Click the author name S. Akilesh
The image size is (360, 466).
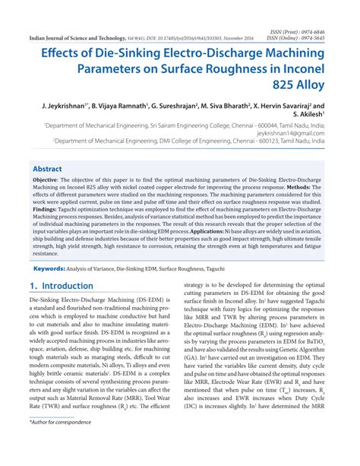coord(314,119)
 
